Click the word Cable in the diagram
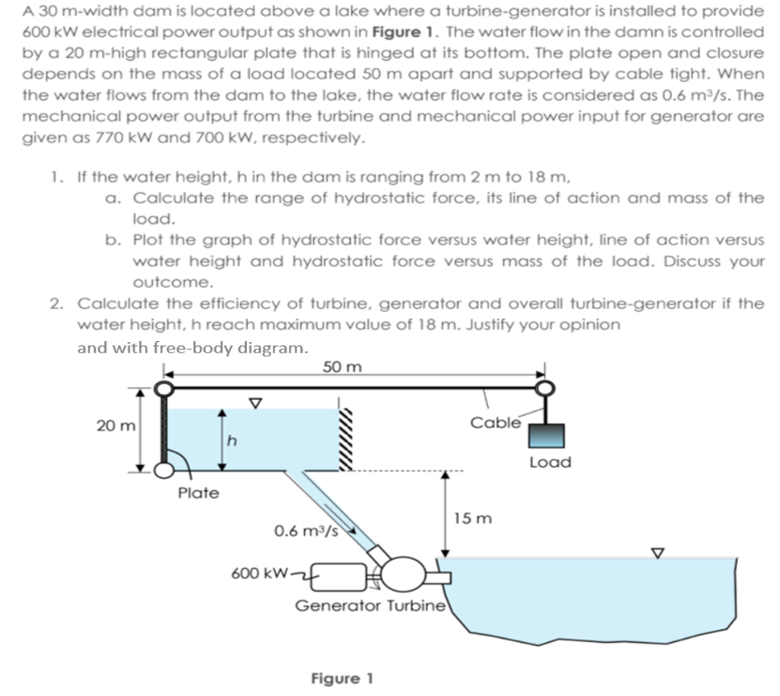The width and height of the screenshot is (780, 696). coord(496,422)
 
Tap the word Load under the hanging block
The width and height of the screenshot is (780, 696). coord(550,462)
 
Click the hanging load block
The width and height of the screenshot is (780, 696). coord(546,435)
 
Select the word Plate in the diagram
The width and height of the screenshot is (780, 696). coord(198,493)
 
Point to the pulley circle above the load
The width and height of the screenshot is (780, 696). coord(545,389)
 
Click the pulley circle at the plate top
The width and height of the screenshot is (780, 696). coord(163,389)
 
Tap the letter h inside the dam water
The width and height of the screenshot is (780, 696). coord(233,441)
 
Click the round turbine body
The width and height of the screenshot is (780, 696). coord(401,572)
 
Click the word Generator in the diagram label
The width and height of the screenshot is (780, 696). coord(339,606)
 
